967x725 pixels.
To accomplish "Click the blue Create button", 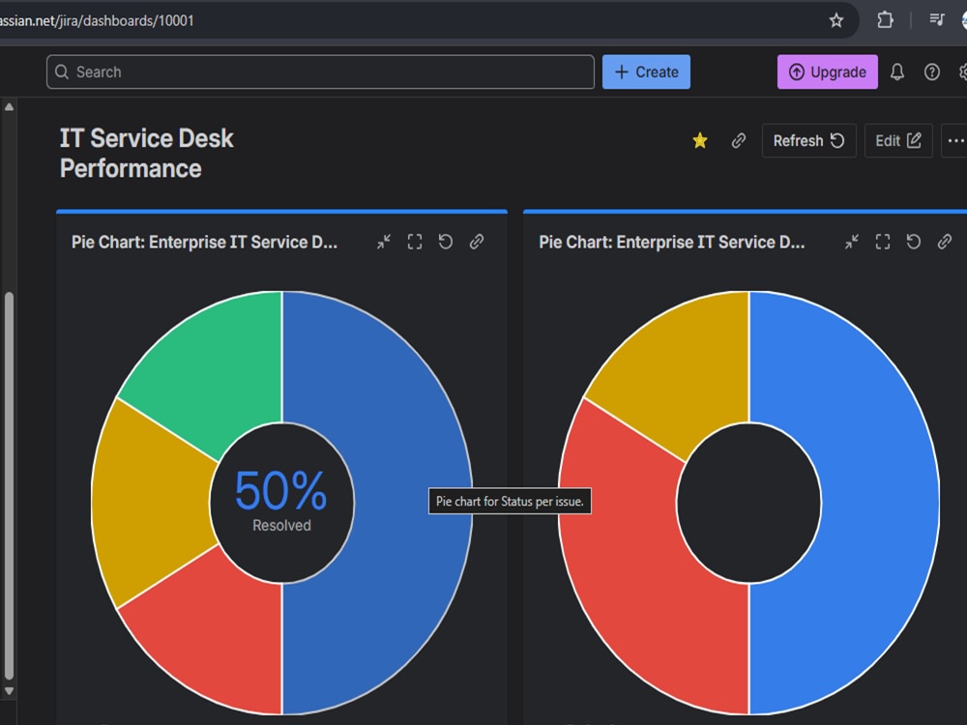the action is [x=646, y=72].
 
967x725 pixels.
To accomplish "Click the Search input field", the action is [x=320, y=72].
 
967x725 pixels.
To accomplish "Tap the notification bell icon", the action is [x=897, y=72].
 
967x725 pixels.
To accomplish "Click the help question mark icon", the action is [x=932, y=72].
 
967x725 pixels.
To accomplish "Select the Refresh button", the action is [x=808, y=140].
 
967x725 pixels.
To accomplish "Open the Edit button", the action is [x=898, y=140].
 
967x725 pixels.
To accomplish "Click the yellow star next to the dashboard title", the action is [x=700, y=140].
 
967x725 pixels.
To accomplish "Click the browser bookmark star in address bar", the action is [x=836, y=20].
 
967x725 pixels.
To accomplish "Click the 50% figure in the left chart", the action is [x=281, y=491].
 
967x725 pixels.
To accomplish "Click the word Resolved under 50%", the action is [x=281, y=525].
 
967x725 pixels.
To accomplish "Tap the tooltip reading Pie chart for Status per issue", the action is [x=510, y=501].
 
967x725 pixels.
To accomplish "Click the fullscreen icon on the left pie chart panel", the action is [x=415, y=242].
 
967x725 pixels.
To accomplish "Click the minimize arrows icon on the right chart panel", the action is [x=852, y=242].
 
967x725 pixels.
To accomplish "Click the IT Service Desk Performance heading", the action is [x=147, y=154].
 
